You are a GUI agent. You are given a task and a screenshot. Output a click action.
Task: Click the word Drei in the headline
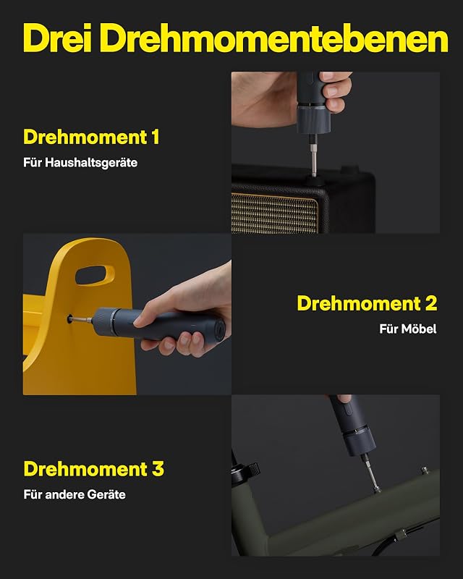(x=58, y=38)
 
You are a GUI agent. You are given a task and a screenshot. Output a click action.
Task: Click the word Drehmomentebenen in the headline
(x=274, y=38)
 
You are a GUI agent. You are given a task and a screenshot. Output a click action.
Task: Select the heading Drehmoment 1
(x=91, y=137)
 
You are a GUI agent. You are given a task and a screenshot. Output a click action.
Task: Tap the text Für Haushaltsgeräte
(x=80, y=163)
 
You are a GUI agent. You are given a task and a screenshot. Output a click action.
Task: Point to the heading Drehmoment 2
(x=367, y=303)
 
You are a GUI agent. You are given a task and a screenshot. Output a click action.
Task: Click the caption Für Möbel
(x=408, y=329)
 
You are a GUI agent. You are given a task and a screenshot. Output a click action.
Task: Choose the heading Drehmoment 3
(x=94, y=469)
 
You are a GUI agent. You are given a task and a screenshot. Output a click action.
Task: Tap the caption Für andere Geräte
(x=75, y=494)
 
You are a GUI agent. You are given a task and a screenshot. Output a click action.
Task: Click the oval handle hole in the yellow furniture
(x=95, y=275)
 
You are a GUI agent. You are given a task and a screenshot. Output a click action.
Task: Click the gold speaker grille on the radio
(x=274, y=213)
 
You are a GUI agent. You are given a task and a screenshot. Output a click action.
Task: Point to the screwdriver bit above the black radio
(x=313, y=156)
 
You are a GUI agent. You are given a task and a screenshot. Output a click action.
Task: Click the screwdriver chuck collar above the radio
(x=313, y=119)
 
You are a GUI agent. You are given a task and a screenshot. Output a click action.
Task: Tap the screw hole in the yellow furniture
(x=69, y=318)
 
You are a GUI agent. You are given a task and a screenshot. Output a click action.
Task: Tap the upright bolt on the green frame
(x=425, y=471)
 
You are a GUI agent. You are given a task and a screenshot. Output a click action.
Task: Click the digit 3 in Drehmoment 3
(x=158, y=469)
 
